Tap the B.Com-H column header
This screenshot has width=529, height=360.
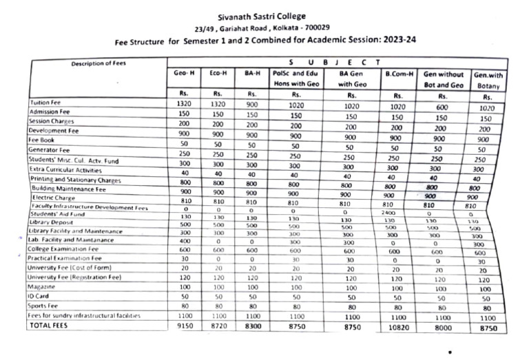point(397,72)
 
